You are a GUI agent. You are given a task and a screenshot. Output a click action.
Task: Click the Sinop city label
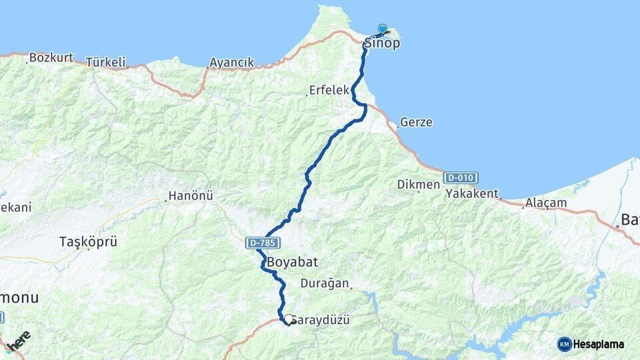coord(382,44)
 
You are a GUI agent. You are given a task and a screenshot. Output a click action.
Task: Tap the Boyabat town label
coord(290,263)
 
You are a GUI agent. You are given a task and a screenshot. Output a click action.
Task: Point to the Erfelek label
coord(329,90)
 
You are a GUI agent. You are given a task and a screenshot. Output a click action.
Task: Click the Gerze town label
coord(417,123)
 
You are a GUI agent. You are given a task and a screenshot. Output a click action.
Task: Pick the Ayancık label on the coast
coord(231,63)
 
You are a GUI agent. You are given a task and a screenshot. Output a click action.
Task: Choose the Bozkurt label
coord(51,57)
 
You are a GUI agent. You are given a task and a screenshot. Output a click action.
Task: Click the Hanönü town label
coord(191,196)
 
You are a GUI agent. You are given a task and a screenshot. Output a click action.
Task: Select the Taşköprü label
coord(88,241)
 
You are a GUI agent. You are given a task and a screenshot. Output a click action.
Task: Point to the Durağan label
coord(325,283)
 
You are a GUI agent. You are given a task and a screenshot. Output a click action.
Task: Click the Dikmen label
coord(419,185)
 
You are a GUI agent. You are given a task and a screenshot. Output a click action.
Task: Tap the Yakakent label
coord(473,194)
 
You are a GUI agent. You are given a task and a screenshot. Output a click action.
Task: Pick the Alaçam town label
coord(546,203)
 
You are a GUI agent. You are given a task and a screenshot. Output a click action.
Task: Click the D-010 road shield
coord(460,178)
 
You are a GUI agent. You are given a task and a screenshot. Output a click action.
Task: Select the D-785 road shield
coord(262,243)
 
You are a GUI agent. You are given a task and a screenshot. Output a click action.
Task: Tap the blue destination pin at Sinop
coord(383,29)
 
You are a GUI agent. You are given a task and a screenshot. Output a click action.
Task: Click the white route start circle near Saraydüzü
coord(289,319)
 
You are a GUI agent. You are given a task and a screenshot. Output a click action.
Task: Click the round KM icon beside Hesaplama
coord(564,344)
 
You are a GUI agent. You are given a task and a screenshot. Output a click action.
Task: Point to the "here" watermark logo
coord(18,342)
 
